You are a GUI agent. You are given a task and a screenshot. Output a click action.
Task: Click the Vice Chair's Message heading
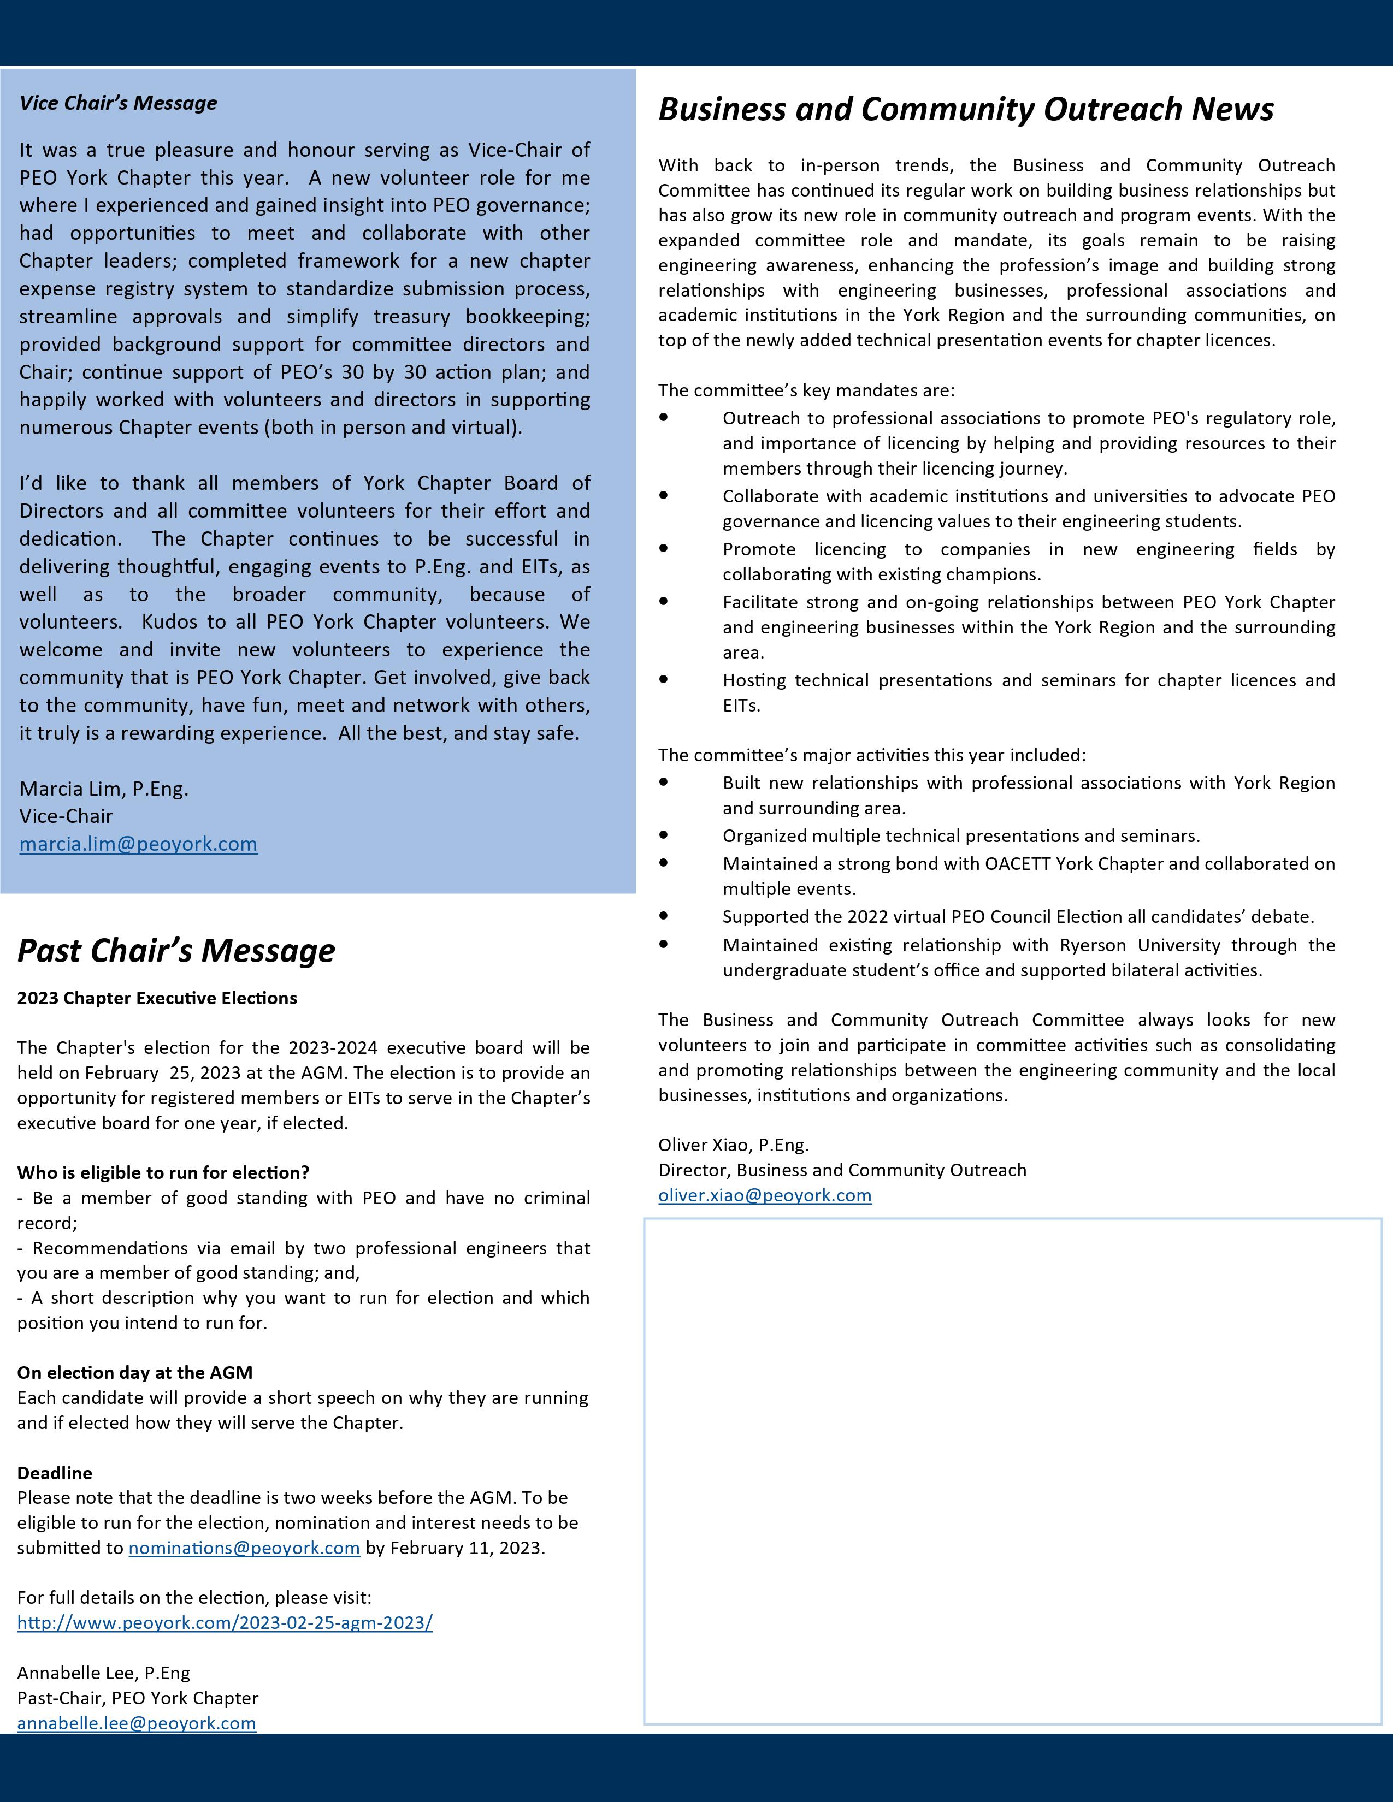coord(118,103)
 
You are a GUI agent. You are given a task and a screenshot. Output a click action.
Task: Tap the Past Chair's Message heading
coord(176,951)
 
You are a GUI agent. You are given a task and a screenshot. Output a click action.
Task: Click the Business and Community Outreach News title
coord(965,109)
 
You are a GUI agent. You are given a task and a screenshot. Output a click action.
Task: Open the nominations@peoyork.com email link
coord(244,1548)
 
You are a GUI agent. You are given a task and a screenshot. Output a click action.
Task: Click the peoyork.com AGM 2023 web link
coord(225,1623)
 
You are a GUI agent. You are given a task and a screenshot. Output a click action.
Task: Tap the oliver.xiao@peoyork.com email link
coord(764,1195)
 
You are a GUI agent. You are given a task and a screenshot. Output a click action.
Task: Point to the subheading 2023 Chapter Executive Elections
coord(157,998)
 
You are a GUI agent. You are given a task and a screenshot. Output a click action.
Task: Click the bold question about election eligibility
coord(163,1172)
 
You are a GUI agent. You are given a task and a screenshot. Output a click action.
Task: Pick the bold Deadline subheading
coord(55,1473)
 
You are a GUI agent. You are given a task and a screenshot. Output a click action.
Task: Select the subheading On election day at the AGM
coord(134,1372)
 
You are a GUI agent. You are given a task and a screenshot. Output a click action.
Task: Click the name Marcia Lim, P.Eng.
coord(104,789)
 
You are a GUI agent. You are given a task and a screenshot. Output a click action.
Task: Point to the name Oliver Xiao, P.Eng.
coord(733,1145)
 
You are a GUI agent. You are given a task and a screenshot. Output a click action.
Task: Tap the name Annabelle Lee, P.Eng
coord(103,1673)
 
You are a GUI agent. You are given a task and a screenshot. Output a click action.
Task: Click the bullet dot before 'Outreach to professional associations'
coord(664,418)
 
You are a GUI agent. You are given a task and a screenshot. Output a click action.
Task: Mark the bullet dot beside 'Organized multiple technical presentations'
coord(664,835)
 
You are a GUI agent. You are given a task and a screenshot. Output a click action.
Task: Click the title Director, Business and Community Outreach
coord(842,1170)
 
